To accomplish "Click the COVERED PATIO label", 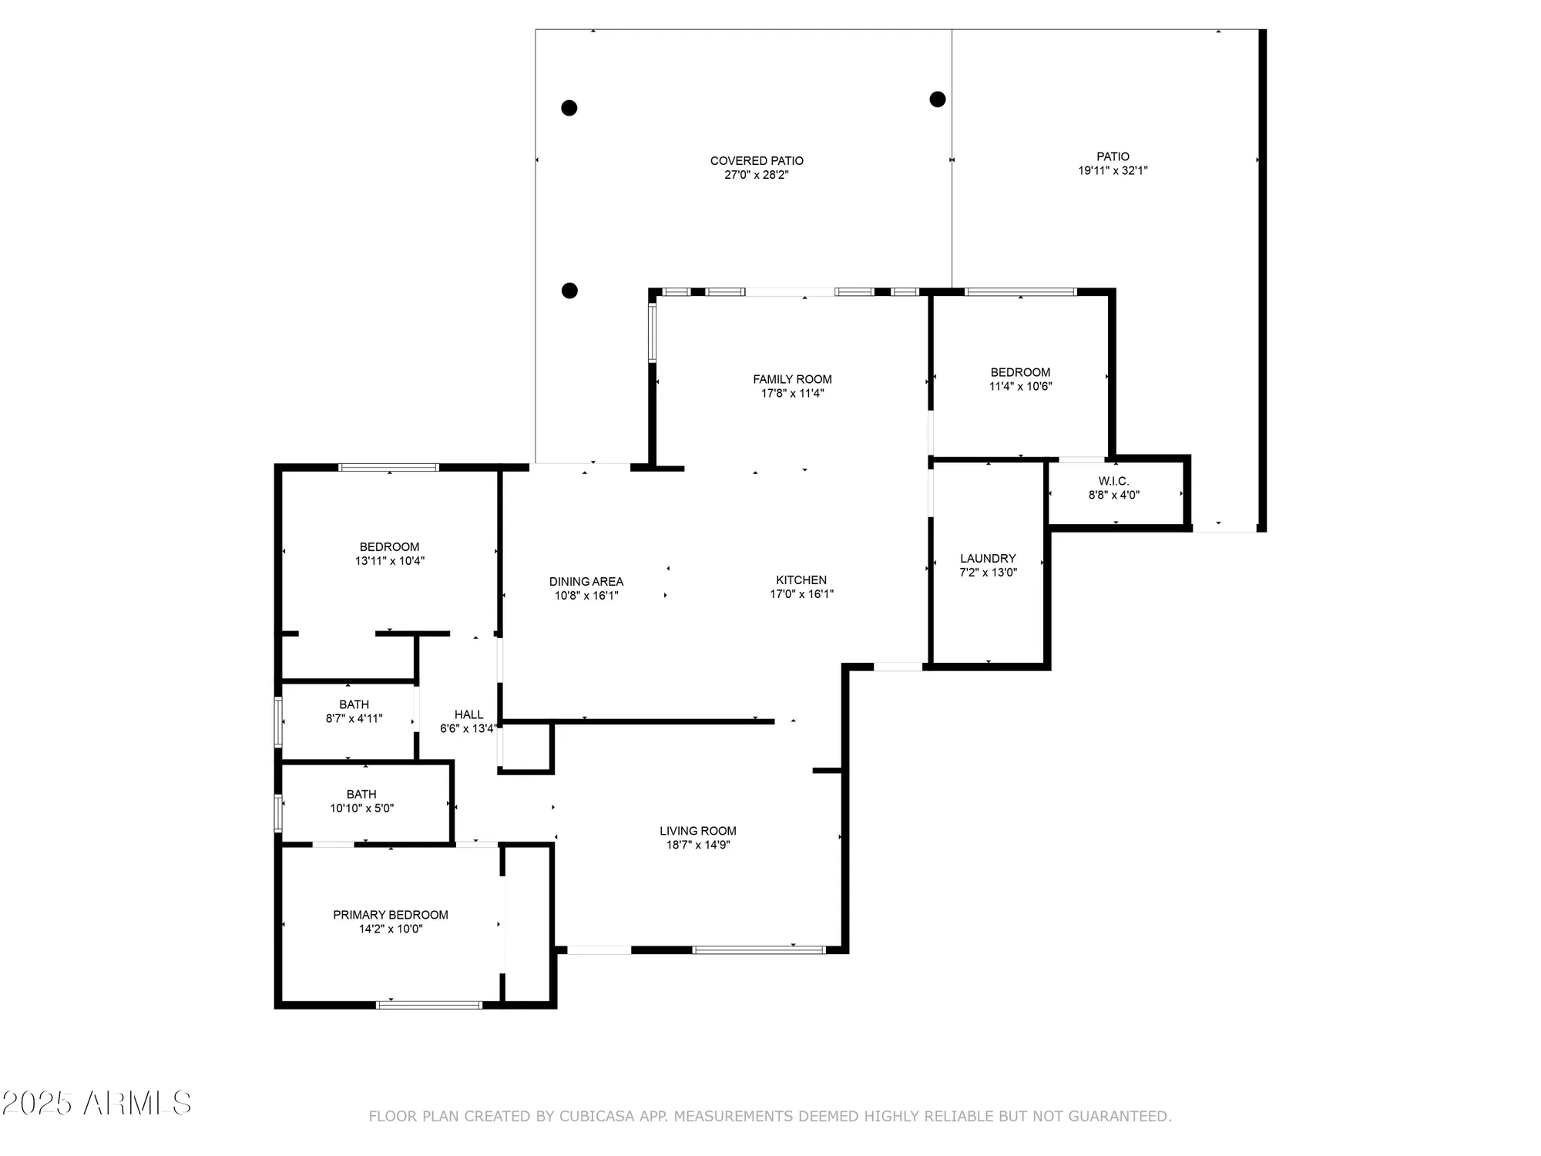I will click(x=757, y=161).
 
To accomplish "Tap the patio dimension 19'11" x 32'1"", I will click(x=1113, y=171).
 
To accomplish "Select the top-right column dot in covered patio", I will click(x=937, y=99).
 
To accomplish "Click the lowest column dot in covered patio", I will click(x=569, y=291).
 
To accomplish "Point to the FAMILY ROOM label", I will click(x=792, y=379).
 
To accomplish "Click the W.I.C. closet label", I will click(x=1113, y=481).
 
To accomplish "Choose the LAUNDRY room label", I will click(x=988, y=559).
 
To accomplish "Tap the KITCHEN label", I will click(x=801, y=580).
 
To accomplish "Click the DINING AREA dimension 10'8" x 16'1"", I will click(x=586, y=596).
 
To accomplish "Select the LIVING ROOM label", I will click(x=697, y=831).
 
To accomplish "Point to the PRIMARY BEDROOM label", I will click(x=390, y=915).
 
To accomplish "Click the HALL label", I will click(x=468, y=714).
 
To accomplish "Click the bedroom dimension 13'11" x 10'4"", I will click(x=389, y=561).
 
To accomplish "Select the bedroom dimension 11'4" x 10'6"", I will click(x=1020, y=386).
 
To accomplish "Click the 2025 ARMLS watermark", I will click(x=96, y=1104).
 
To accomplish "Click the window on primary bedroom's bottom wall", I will click(x=429, y=1005).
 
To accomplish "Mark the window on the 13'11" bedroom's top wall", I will click(x=389, y=467).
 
